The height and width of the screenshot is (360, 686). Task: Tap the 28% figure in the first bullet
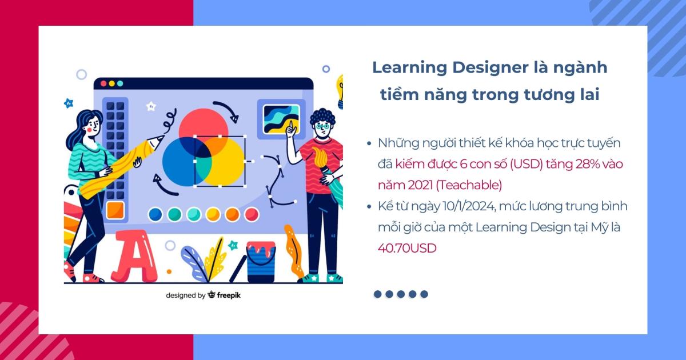pyautogui.click(x=573, y=164)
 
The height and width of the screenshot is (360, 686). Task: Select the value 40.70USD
pyautogui.click(x=406, y=248)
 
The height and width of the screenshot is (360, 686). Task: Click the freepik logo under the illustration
pyautogui.click(x=224, y=295)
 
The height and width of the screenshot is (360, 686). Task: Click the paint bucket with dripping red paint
pyautogui.click(x=261, y=260)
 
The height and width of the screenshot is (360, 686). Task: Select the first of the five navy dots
pyautogui.click(x=377, y=294)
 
